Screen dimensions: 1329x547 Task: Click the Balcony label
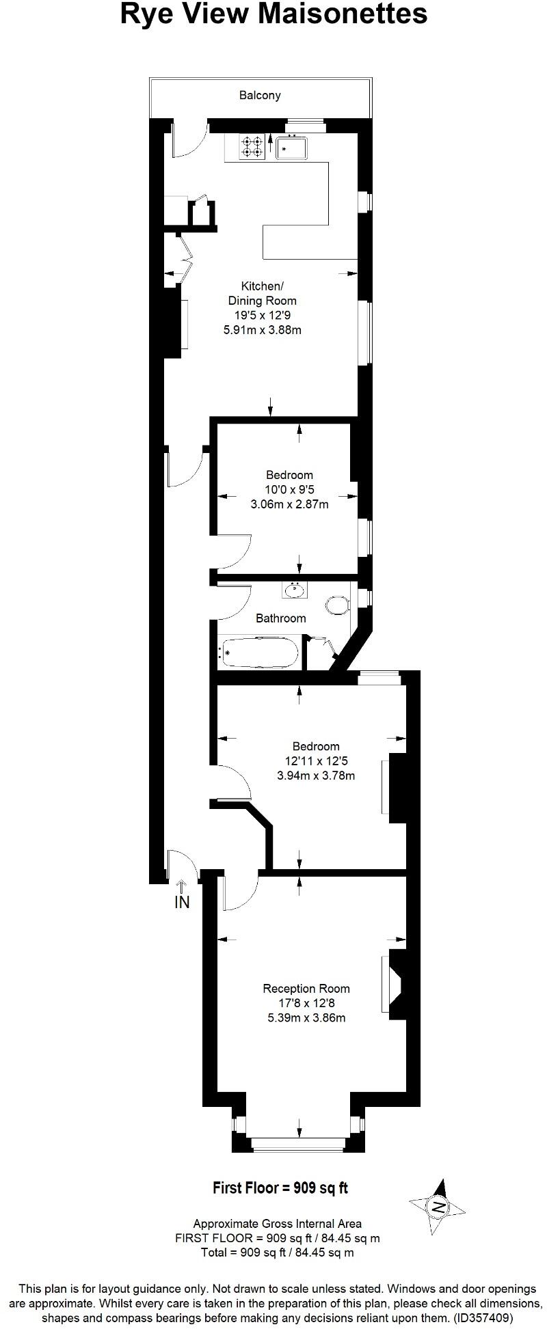260,96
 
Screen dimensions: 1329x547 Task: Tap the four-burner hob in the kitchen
252,146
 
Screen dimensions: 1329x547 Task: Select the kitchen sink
293,147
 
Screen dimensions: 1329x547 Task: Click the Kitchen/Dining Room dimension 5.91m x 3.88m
263,330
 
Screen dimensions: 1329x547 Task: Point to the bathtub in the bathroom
259,653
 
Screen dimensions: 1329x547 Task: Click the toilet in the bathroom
338,605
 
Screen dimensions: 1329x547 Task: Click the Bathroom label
280,618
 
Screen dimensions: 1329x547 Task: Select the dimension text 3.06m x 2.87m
290,505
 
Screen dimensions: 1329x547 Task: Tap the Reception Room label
306,989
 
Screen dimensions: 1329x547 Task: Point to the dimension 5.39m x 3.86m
306,1018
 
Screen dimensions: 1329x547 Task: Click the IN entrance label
182,903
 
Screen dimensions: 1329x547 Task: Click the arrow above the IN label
182,887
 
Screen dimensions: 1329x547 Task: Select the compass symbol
438,1207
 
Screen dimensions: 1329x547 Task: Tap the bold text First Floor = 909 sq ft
280,1188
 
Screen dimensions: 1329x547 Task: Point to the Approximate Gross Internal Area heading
278,1224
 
